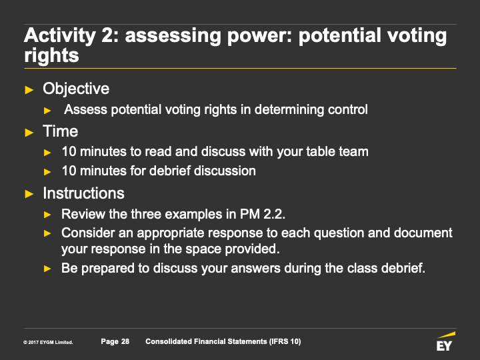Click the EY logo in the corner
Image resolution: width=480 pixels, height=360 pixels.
446,341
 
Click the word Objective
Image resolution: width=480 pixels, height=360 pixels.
76,89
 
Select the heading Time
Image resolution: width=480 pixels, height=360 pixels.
60,131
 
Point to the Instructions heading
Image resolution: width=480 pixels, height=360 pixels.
83,193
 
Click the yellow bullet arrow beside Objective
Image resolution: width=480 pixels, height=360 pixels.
29,90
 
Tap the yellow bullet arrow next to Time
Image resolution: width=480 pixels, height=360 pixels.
29,133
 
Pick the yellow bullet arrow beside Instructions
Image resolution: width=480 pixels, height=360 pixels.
29,194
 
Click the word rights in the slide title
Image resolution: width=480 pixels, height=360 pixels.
51,56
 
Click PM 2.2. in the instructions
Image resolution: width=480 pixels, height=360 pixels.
263,214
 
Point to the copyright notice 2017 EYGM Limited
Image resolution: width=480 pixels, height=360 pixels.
48,342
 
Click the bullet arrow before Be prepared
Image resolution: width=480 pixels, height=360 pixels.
47,269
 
